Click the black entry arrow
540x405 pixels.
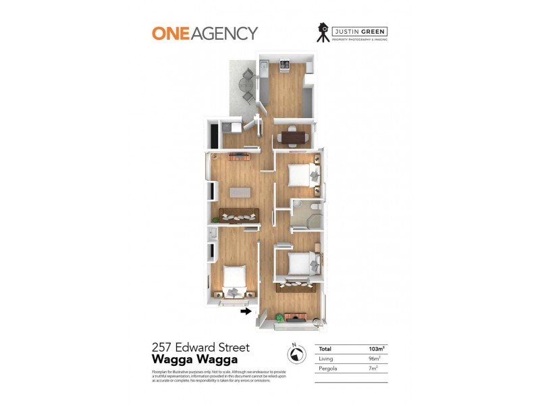245,311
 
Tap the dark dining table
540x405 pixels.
292,138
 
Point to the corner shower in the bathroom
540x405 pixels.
300,223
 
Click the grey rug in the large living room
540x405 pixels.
240,192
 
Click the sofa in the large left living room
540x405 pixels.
236,217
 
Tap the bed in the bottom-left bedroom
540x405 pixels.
233,280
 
